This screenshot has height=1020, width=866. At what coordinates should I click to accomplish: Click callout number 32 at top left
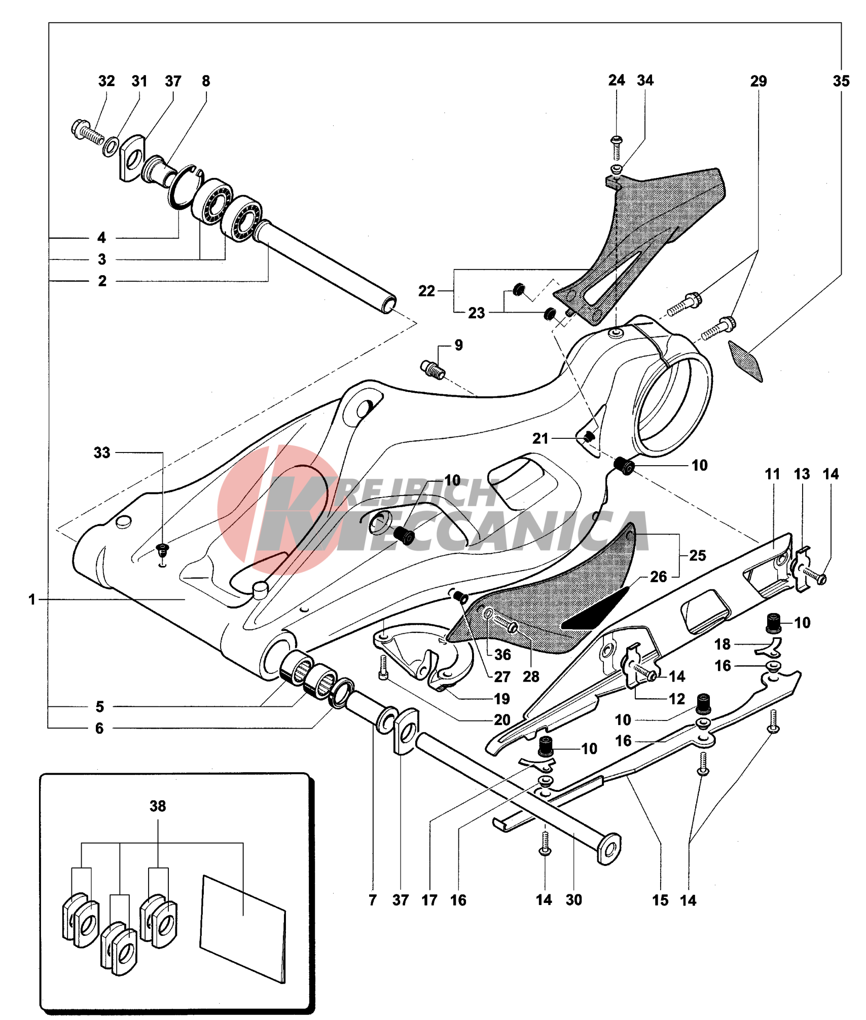[106, 81]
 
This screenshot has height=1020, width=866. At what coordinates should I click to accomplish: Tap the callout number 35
[841, 81]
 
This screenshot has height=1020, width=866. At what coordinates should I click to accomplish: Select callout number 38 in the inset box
[158, 806]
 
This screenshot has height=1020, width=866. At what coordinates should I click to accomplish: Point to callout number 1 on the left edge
[32, 599]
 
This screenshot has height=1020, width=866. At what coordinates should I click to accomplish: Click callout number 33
[102, 452]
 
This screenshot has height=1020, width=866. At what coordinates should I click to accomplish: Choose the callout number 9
[458, 345]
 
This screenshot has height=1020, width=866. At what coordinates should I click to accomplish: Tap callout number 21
[540, 438]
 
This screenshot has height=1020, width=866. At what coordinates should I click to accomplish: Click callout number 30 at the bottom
[574, 900]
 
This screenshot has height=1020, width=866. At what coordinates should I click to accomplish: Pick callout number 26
[658, 577]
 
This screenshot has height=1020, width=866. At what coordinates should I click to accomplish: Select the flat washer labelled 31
[111, 146]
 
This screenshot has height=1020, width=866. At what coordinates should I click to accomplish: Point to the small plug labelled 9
[433, 369]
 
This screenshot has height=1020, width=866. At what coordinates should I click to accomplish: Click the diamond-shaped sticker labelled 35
[745, 360]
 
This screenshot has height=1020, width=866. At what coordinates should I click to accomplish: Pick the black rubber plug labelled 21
[589, 436]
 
